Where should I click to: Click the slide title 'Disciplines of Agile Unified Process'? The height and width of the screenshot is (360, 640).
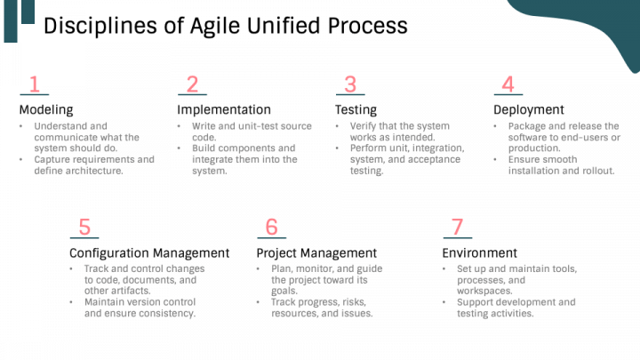point(225,26)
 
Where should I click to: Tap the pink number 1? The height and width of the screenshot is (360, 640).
point(34,84)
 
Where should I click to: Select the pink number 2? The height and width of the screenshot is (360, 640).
point(192,84)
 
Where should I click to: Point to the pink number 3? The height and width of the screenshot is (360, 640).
point(350,84)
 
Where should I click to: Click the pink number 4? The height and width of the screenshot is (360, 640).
point(508,84)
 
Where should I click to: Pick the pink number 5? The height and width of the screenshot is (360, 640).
point(84,228)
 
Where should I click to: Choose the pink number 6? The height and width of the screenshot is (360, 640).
point(271,228)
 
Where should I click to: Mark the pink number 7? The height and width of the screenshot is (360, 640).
point(457,228)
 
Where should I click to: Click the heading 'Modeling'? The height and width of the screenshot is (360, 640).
point(46,110)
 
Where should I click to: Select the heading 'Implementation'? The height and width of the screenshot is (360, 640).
point(224,110)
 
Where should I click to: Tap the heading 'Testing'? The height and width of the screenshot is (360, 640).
point(356,110)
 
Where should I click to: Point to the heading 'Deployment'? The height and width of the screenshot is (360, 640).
point(529,110)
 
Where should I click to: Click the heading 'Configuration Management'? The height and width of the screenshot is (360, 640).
point(149,253)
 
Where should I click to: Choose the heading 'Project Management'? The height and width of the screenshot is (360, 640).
point(316,253)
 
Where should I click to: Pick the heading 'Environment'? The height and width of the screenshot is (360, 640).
point(480,253)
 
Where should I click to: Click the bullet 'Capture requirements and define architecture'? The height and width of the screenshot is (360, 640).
point(93,165)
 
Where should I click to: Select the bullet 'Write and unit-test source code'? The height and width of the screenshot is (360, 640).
point(251,132)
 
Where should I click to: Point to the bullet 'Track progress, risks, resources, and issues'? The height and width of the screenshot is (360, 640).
point(322,308)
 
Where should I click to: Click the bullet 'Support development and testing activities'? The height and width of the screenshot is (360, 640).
point(516,308)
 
